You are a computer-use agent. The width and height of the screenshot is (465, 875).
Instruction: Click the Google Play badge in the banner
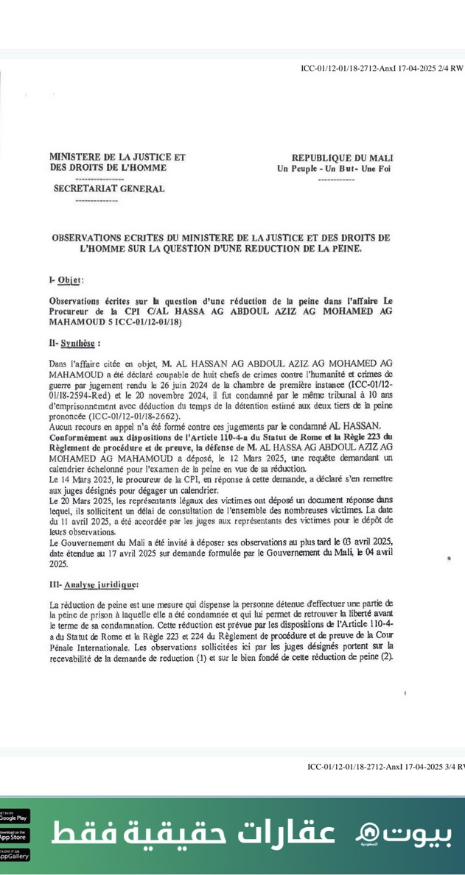click(14, 815)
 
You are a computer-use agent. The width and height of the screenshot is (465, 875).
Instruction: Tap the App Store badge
click(14, 835)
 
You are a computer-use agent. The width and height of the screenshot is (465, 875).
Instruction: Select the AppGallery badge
click(14, 854)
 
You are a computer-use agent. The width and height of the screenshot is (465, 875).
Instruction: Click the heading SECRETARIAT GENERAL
click(108, 188)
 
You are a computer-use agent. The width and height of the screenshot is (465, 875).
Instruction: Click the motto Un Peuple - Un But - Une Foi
click(335, 169)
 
